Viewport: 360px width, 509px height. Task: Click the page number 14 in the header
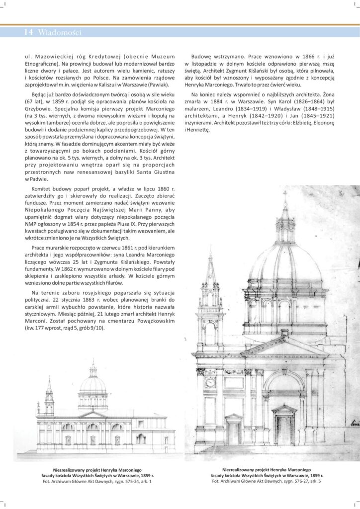[28, 32]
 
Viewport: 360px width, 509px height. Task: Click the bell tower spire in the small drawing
[49, 384]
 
